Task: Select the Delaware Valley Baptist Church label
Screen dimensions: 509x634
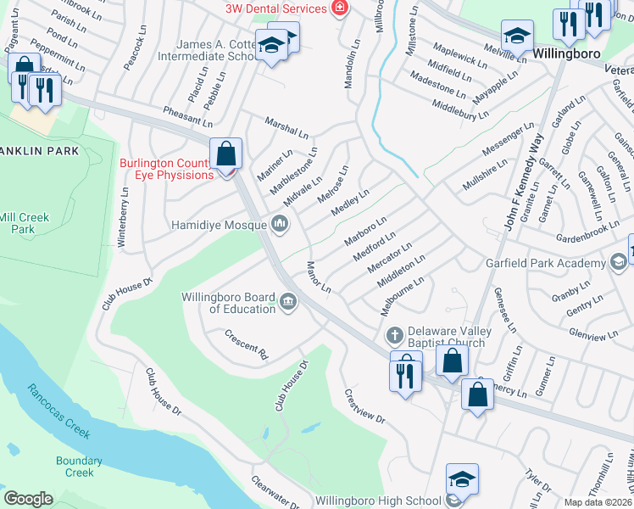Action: coord(446,337)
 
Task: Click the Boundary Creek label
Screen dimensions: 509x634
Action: coord(79,467)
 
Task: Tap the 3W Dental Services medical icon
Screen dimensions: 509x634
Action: coord(340,8)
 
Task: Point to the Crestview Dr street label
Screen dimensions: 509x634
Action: coord(364,407)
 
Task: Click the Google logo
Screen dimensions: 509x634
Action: coord(28,499)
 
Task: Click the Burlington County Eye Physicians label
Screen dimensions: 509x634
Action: coord(166,169)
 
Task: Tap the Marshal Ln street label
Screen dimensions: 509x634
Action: coord(286,127)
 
